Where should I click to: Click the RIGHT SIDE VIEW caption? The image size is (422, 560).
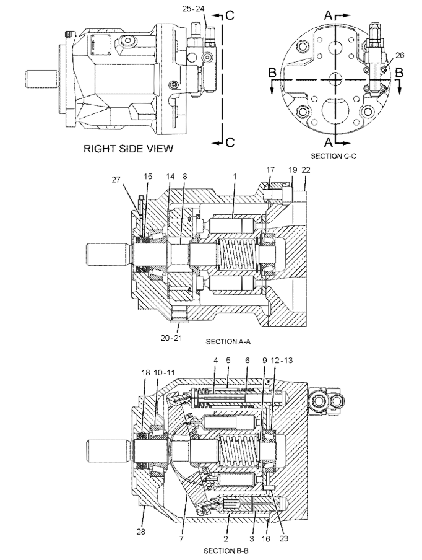128,149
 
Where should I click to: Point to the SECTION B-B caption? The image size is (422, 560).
227,549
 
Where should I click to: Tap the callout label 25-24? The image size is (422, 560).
195,9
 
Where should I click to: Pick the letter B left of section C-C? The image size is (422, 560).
273,73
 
